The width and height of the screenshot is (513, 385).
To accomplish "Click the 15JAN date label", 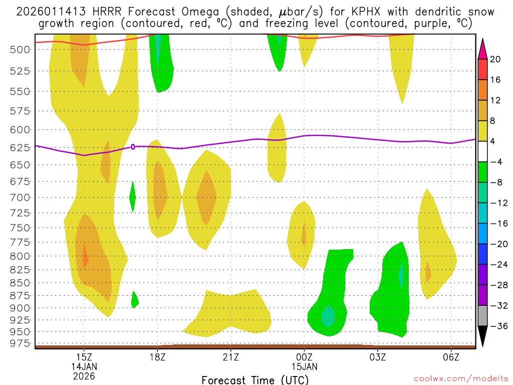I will pyautogui.click(x=304, y=366).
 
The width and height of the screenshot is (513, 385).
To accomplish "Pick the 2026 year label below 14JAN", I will pyautogui.click(x=84, y=375).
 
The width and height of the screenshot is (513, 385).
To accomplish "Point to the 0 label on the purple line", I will pyautogui.click(x=133, y=147).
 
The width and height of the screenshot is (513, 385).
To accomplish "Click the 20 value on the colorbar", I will pyautogui.click(x=495, y=59).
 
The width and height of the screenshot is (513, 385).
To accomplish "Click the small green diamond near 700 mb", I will pyautogui.click(x=132, y=197).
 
